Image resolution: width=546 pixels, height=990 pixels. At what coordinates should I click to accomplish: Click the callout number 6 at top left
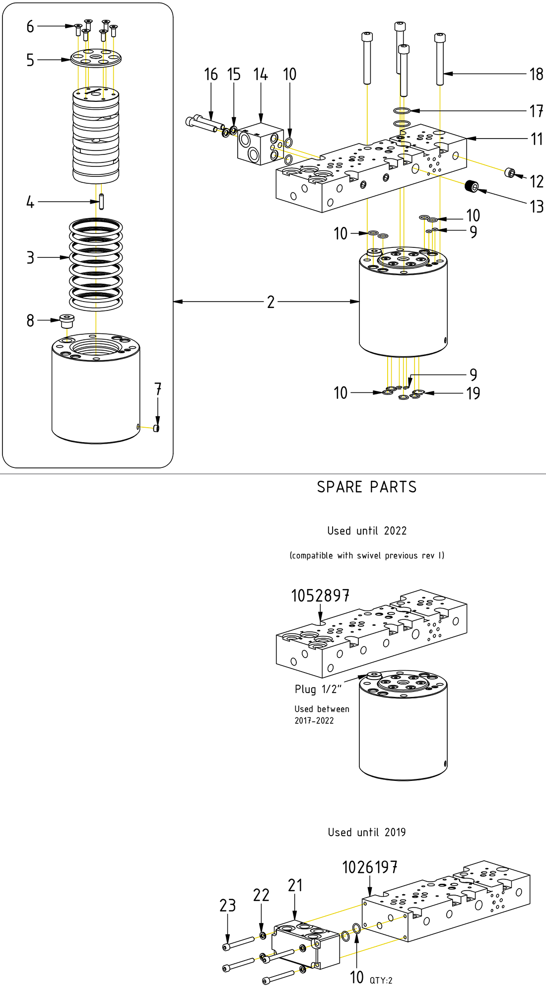point(30,26)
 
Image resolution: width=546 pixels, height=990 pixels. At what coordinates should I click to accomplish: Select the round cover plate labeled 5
point(96,58)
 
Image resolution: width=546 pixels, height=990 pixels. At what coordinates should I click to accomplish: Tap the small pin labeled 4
point(101,201)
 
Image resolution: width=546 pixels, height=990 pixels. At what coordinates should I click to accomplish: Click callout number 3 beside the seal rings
point(30,258)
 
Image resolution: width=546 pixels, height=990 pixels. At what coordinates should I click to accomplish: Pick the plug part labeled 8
point(67,320)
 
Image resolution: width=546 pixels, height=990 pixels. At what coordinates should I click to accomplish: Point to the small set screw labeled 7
point(156,428)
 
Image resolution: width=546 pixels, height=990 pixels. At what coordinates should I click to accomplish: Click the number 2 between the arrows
point(271,302)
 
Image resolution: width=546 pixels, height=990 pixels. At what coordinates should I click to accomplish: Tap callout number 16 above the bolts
point(211,75)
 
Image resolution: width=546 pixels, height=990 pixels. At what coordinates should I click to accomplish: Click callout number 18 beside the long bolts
point(536,75)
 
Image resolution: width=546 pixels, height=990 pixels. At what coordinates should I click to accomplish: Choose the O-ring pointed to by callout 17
point(402,111)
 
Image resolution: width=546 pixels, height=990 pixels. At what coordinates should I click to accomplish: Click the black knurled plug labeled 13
point(472,187)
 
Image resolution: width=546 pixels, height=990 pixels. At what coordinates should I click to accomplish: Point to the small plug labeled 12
point(509,173)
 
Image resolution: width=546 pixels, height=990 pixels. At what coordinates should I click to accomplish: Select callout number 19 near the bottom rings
point(473,393)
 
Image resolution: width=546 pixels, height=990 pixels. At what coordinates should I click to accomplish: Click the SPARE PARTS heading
point(367,487)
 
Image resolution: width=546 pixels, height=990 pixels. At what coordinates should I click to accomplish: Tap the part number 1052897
point(320,596)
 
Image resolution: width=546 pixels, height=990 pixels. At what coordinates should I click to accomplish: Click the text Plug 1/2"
point(318,689)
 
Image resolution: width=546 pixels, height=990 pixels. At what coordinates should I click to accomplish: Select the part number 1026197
point(370,867)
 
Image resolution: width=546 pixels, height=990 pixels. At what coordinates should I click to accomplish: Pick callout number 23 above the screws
point(228,906)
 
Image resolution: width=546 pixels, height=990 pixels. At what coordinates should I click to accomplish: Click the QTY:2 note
point(381,980)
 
